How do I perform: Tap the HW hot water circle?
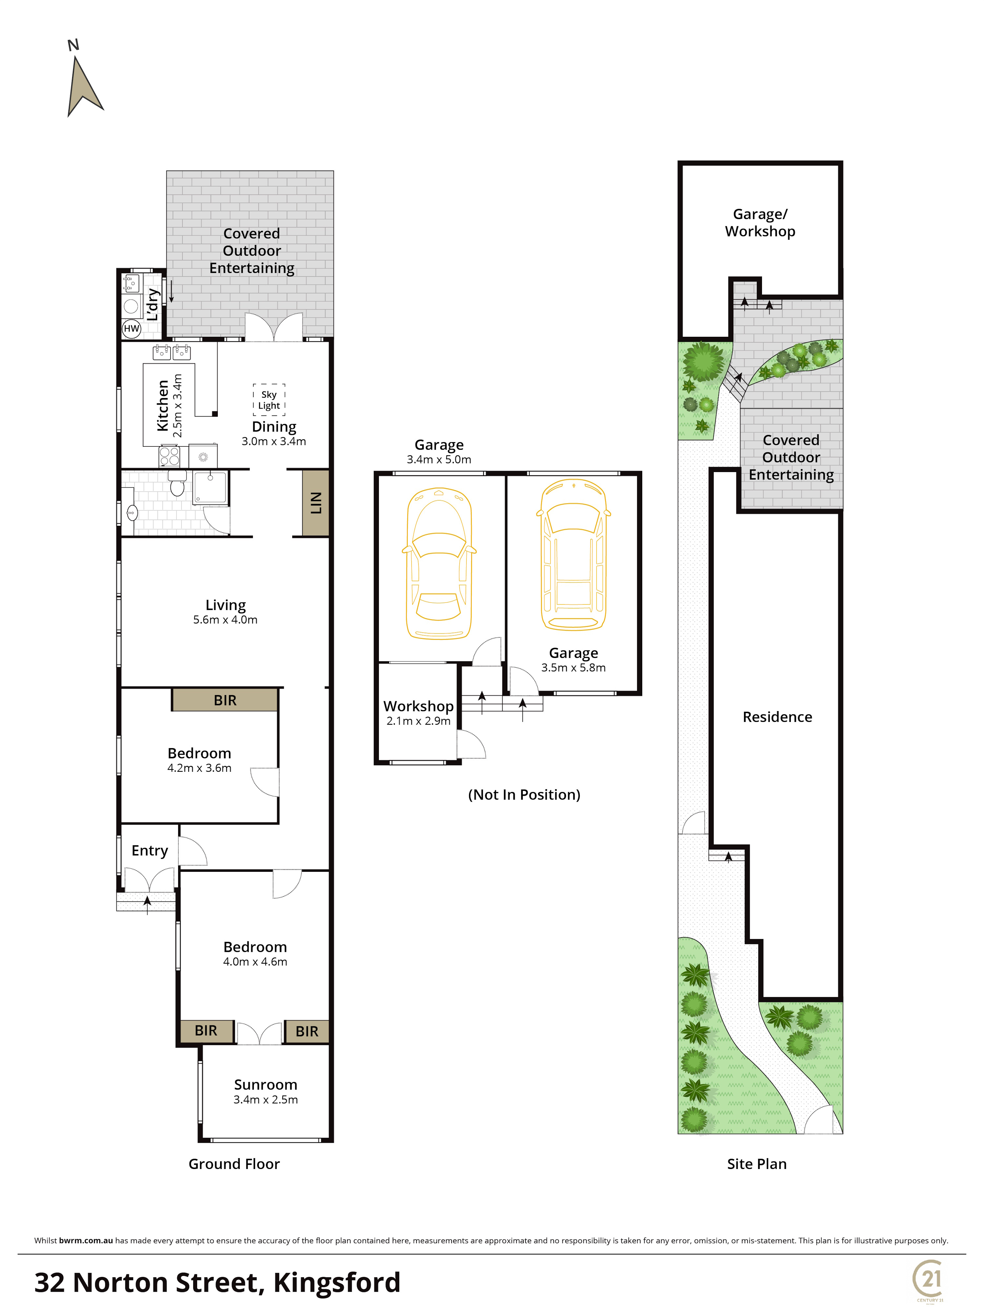pos(131,329)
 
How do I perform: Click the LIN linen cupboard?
pos(316,503)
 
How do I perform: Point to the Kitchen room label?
pos(162,406)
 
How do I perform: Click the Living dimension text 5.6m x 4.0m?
pos(225,620)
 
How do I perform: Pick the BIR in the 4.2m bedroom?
pos(225,700)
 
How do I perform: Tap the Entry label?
pos(150,851)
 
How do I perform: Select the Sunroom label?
pos(266,1085)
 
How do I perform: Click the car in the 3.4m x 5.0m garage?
pos(439,564)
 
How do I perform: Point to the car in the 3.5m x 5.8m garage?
pos(574,555)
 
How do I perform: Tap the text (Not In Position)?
pos(524,795)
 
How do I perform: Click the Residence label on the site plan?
pos(777,717)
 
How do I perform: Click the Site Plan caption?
pos(757,1164)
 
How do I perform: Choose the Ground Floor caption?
pos(234,1164)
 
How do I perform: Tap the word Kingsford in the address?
pos(337,1283)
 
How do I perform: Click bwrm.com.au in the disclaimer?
pos(86,1240)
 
